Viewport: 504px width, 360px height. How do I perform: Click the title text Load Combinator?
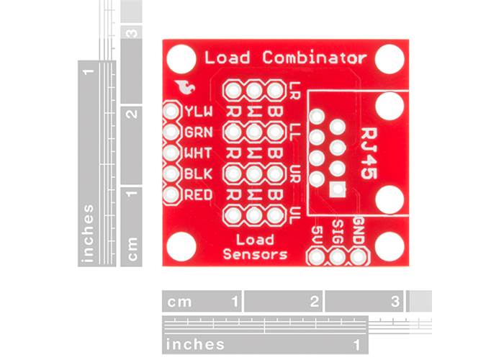point(286,58)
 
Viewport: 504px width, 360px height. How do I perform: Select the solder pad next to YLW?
point(171,112)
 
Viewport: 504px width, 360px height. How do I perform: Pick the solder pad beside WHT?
point(171,153)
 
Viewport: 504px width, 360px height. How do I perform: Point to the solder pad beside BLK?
point(171,174)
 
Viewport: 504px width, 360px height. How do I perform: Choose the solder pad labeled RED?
point(171,194)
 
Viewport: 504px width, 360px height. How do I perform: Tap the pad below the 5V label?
point(317,256)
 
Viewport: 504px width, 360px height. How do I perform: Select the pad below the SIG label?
point(338,256)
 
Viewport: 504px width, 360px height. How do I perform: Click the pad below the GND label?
point(359,256)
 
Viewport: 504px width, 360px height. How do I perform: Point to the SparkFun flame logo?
point(186,88)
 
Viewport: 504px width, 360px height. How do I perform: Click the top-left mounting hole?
point(181,58)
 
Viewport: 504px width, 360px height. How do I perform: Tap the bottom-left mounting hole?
point(181,247)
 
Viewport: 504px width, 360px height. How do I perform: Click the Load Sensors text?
point(255,247)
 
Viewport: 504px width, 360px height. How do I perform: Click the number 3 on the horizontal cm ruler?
point(395,302)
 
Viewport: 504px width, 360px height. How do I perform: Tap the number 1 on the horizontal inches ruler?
point(358,344)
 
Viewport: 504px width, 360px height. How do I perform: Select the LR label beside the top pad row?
point(294,91)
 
